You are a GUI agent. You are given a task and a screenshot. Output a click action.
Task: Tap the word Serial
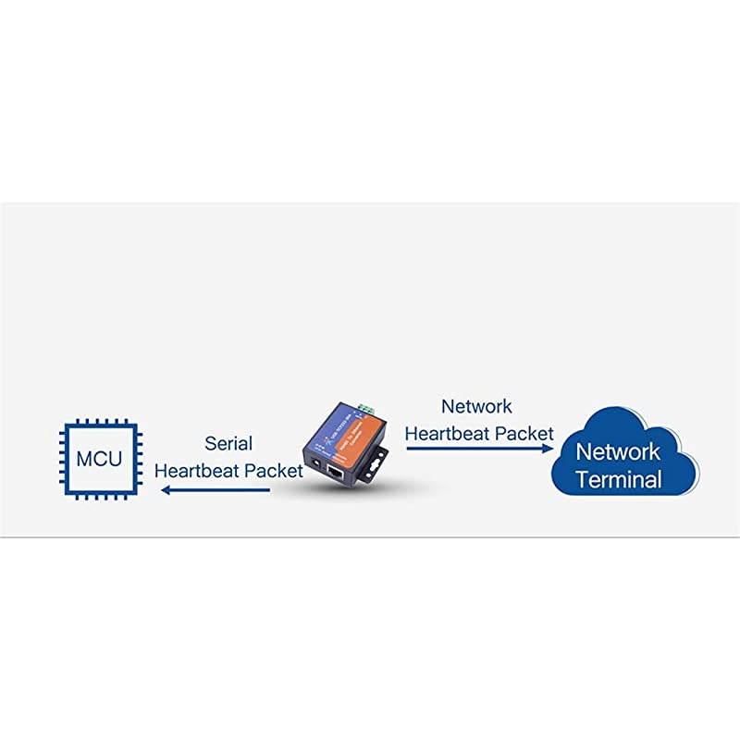click(228, 444)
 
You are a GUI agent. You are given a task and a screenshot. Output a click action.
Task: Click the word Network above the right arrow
click(476, 406)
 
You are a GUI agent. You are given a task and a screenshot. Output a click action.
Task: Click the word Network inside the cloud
click(618, 451)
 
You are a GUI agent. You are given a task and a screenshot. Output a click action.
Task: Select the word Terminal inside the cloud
click(618, 479)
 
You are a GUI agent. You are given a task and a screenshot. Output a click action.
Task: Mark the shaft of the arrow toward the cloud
click(472, 449)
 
